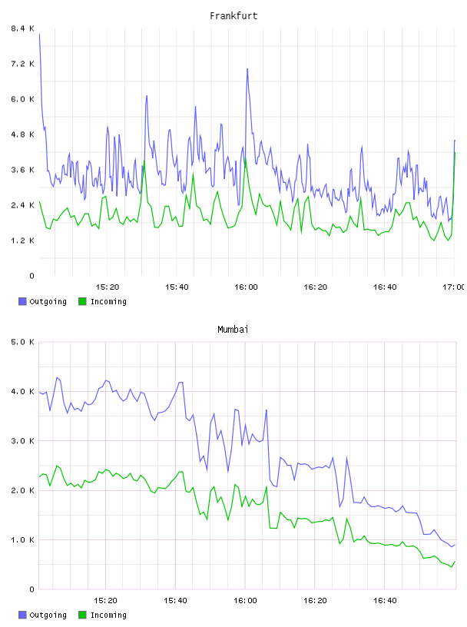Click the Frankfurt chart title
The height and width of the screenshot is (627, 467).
(x=233, y=16)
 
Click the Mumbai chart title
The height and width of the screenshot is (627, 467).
(x=233, y=330)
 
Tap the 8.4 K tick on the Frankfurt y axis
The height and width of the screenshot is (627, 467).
(x=22, y=28)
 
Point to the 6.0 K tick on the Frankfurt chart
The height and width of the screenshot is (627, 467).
(x=22, y=99)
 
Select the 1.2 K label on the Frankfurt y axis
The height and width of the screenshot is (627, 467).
(x=22, y=241)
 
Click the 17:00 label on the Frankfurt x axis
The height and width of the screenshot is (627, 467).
(x=453, y=287)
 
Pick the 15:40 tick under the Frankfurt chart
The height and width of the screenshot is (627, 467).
(x=177, y=287)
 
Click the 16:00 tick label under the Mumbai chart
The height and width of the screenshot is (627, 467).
(x=245, y=601)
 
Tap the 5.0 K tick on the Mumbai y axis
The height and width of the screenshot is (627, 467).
(x=22, y=342)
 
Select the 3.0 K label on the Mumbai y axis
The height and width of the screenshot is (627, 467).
(x=22, y=441)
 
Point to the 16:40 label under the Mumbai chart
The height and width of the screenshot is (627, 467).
(x=385, y=601)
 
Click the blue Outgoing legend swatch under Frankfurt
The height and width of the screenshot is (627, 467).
(x=22, y=301)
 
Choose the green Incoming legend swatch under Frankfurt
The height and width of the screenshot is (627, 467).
(x=82, y=301)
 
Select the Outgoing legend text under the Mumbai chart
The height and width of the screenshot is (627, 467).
(x=48, y=615)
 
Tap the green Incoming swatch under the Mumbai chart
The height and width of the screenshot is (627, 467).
(x=82, y=615)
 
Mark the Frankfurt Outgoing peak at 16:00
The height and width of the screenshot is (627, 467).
(x=247, y=69)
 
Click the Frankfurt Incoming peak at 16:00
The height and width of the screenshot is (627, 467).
(x=245, y=158)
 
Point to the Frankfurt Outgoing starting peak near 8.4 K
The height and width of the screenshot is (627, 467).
(x=39, y=35)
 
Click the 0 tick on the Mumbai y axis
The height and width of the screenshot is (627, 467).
(x=31, y=589)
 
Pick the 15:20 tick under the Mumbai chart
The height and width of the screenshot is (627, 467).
(x=105, y=601)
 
